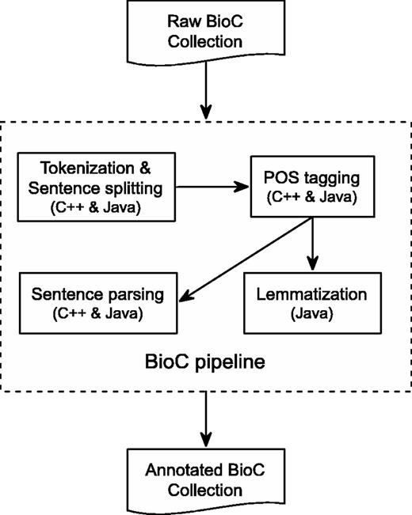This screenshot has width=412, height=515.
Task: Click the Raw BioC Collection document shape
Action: (205, 32)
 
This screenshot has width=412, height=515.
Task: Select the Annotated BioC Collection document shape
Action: (205, 482)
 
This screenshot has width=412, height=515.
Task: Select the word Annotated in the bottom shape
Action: (177, 472)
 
